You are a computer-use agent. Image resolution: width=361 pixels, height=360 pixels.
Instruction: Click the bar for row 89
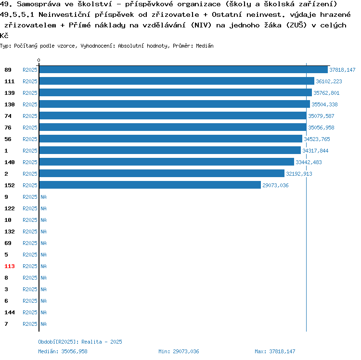pyautogui.click(x=183, y=70)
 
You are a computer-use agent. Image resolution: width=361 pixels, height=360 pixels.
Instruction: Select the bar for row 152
pyautogui.click(x=150, y=185)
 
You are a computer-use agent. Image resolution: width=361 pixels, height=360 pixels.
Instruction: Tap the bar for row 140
pyautogui.click(x=166, y=162)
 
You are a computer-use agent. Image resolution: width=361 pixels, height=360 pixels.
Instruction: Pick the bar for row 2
pyautogui.click(x=161, y=174)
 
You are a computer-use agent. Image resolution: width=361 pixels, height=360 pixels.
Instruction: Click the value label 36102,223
pyautogui.click(x=329, y=81)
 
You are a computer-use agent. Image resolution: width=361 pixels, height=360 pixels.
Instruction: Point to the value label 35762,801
pyautogui.click(x=326, y=93)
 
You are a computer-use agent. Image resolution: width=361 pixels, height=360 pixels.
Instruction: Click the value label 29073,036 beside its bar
pyautogui.click(x=275, y=185)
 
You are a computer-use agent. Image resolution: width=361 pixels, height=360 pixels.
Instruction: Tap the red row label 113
pyautogui.click(x=10, y=266)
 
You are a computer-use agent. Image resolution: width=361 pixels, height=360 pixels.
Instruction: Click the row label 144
pyautogui.click(x=10, y=312)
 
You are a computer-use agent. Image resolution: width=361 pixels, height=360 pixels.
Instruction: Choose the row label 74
pyautogui.click(x=8, y=116)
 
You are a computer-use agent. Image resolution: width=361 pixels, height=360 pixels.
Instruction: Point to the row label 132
pyautogui.click(x=10, y=231)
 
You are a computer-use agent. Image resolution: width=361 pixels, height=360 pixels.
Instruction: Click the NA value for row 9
pyautogui.click(x=43, y=197)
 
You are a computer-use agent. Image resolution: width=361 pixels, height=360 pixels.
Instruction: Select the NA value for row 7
pyautogui.click(x=43, y=324)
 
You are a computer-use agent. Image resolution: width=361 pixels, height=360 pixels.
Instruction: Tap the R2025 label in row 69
pyautogui.click(x=30, y=243)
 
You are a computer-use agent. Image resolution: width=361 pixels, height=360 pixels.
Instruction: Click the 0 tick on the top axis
pyautogui.click(x=39, y=60)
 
